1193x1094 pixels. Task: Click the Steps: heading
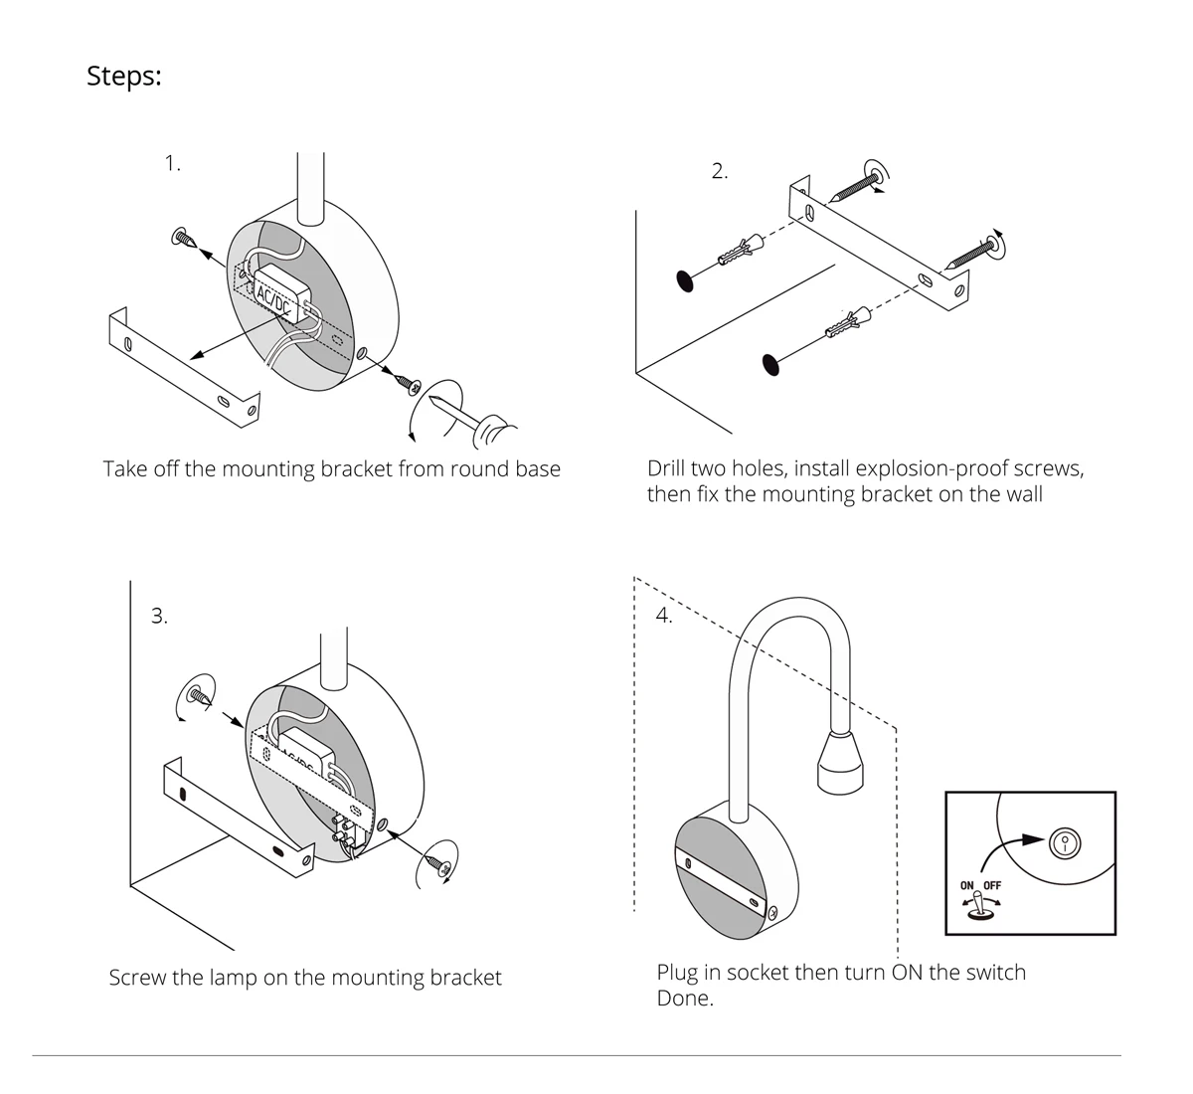[123, 76]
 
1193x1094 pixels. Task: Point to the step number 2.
[720, 171]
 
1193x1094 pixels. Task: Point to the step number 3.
[159, 617]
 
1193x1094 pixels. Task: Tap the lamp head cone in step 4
[840, 763]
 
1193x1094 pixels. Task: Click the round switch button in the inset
[1065, 844]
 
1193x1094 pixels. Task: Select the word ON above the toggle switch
[967, 885]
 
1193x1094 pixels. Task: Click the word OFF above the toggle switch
[992, 885]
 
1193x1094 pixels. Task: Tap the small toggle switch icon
[979, 907]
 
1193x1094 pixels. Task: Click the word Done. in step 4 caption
[685, 999]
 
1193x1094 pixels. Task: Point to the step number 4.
[664, 616]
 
